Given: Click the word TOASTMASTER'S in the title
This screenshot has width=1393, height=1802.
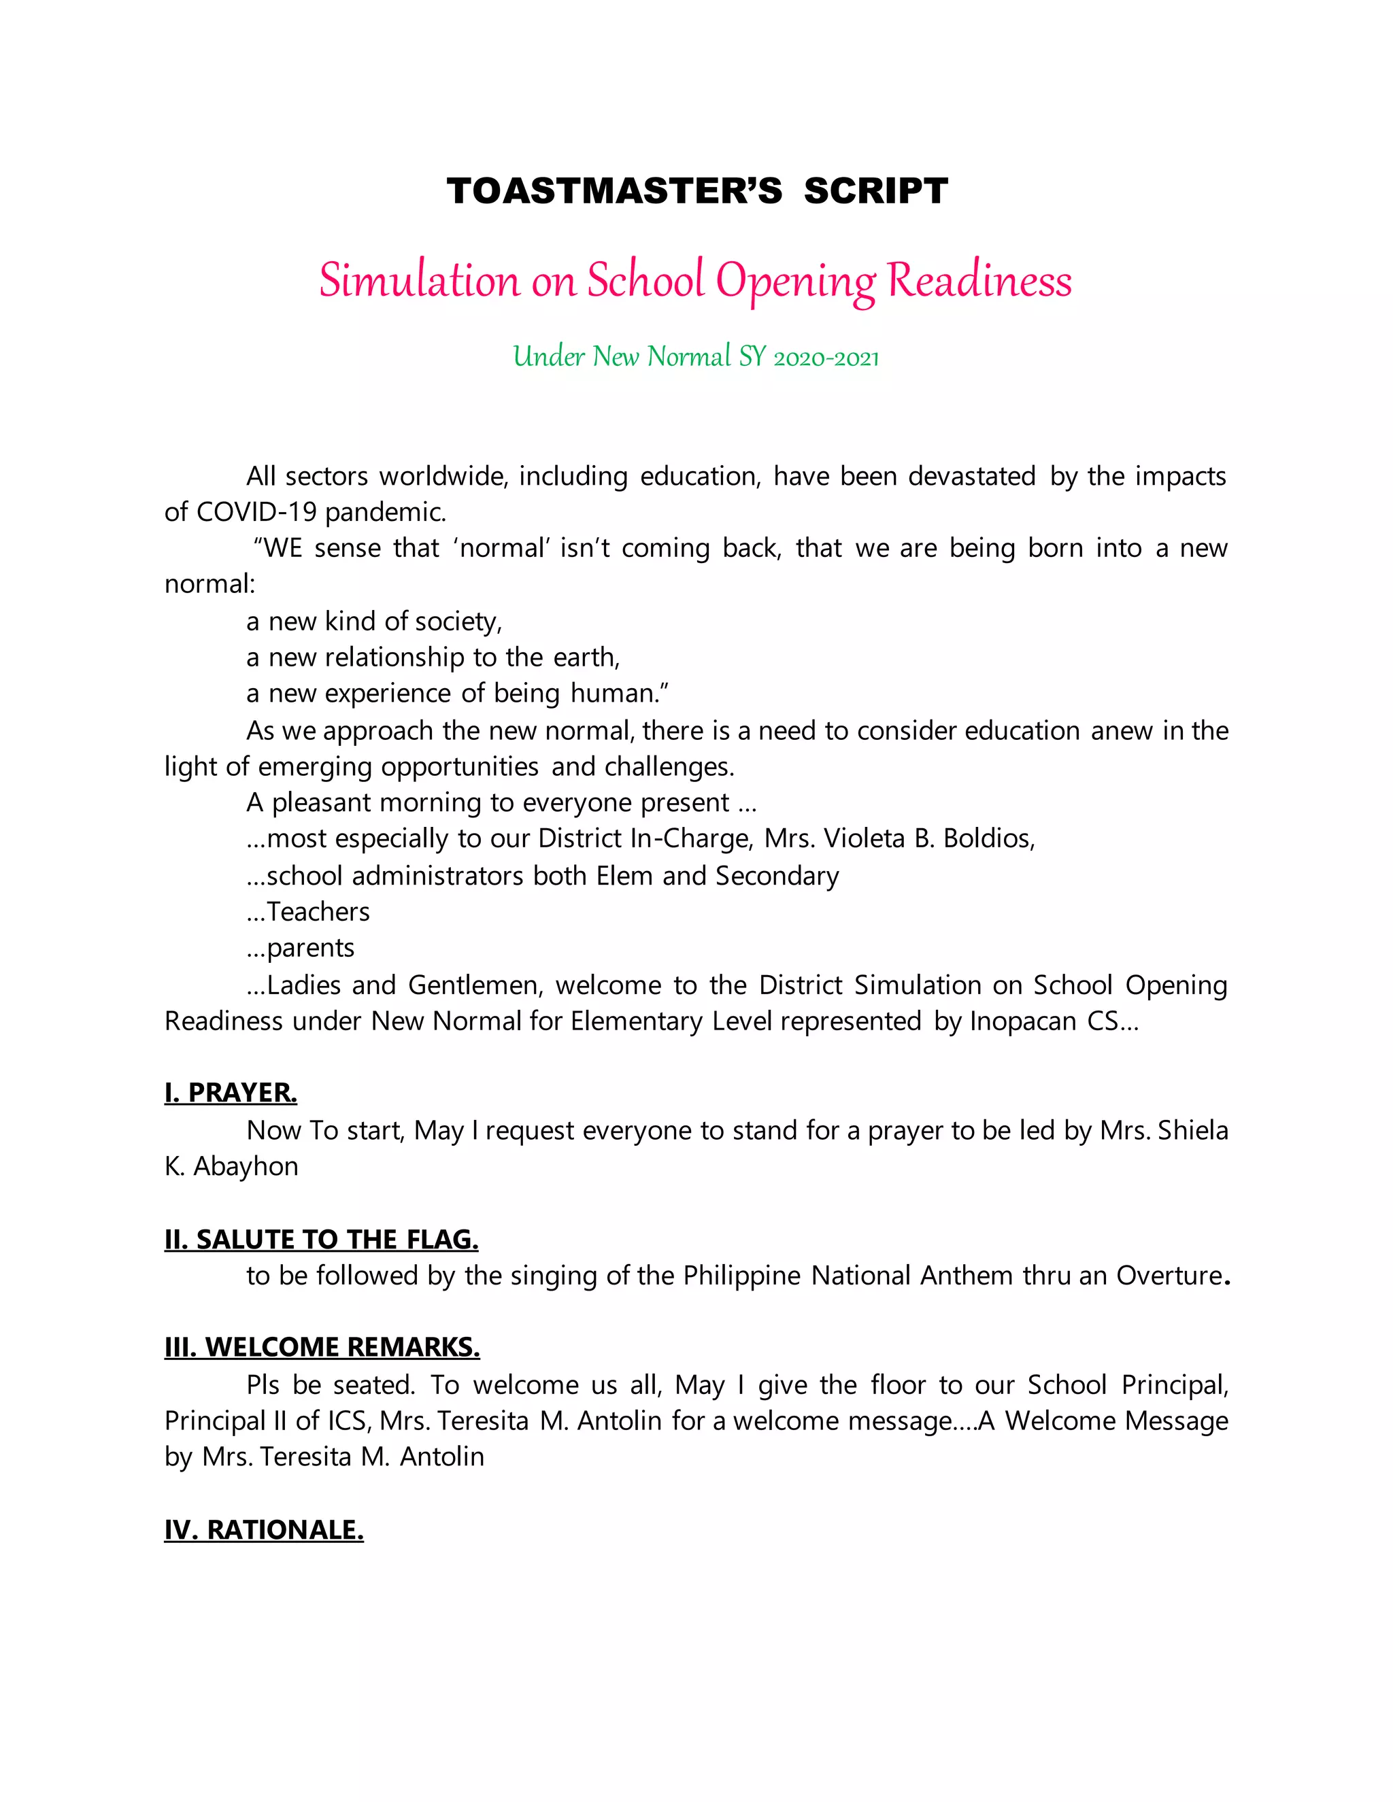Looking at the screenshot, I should tap(614, 192).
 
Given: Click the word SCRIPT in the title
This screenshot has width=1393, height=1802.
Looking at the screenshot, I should tap(875, 192).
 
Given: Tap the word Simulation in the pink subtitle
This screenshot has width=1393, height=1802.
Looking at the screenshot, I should tap(419, 281).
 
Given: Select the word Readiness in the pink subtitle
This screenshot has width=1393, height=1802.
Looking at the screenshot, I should tap(979, 281).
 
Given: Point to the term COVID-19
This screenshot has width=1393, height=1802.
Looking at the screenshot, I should tap(255, 513).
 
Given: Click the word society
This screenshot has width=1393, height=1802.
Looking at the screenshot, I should tap(465, 622).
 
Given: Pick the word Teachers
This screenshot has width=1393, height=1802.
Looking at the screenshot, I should tap(318, 912).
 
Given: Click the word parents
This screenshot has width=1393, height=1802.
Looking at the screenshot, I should tap(310, 948).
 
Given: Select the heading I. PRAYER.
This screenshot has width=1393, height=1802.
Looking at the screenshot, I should tap(231, 1093).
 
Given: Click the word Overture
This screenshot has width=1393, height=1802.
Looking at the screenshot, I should tap(1169, 1276).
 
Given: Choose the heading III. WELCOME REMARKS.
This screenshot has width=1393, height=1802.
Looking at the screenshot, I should tap(322, 1348).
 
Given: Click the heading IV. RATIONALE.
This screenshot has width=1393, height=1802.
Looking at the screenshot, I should tap(263, 1531).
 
